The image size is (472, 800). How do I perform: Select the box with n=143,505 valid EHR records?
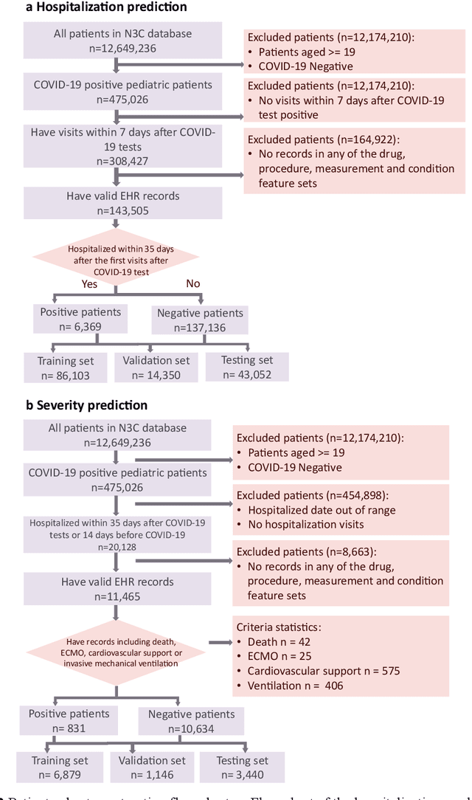pos(123,203)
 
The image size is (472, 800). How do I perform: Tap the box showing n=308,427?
pos(123,146)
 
